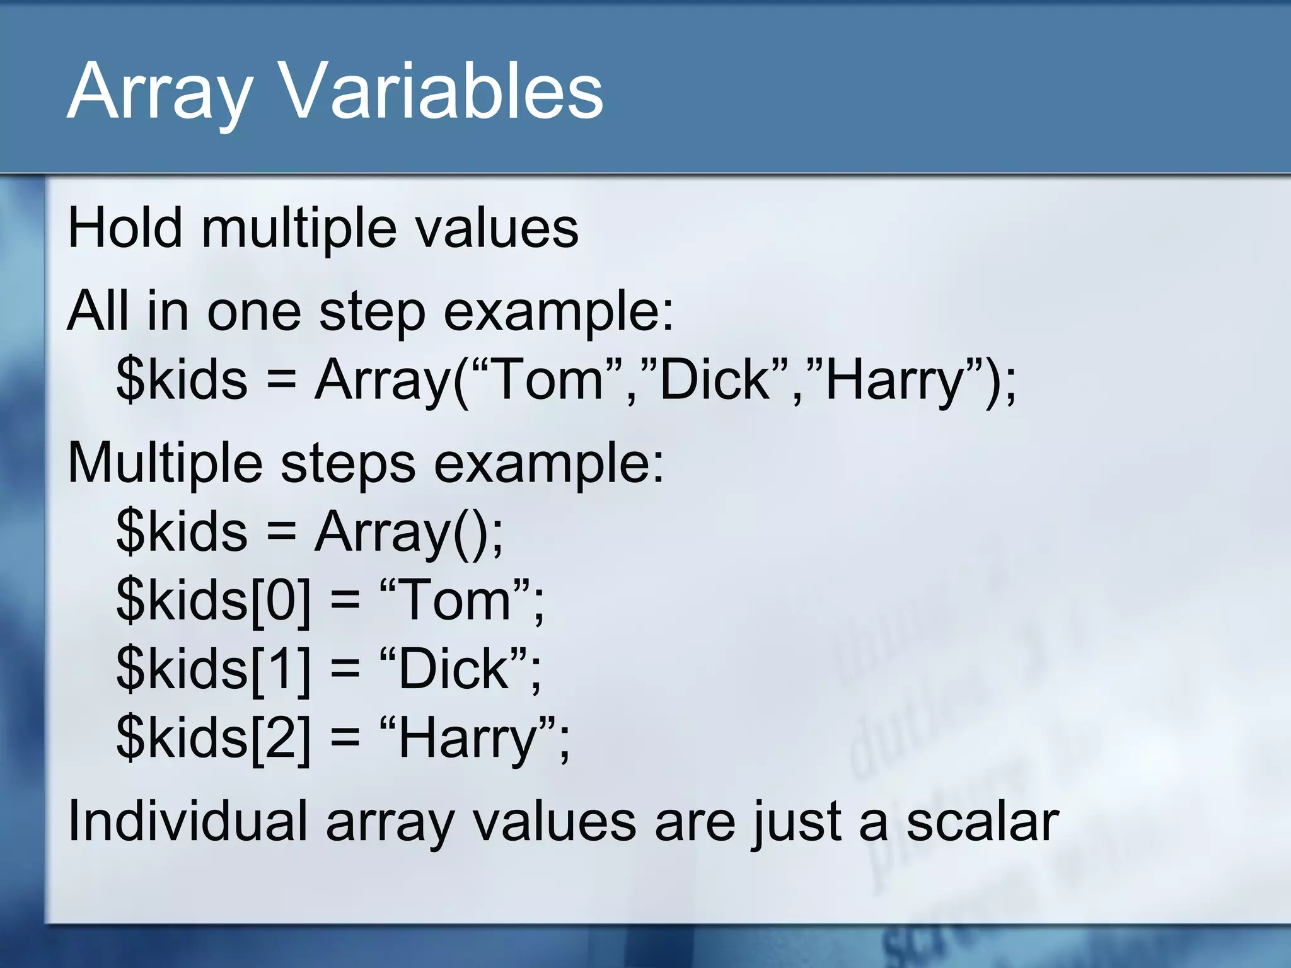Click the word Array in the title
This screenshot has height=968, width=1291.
[160, 93]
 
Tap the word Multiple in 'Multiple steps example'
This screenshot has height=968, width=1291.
[165, 463]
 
